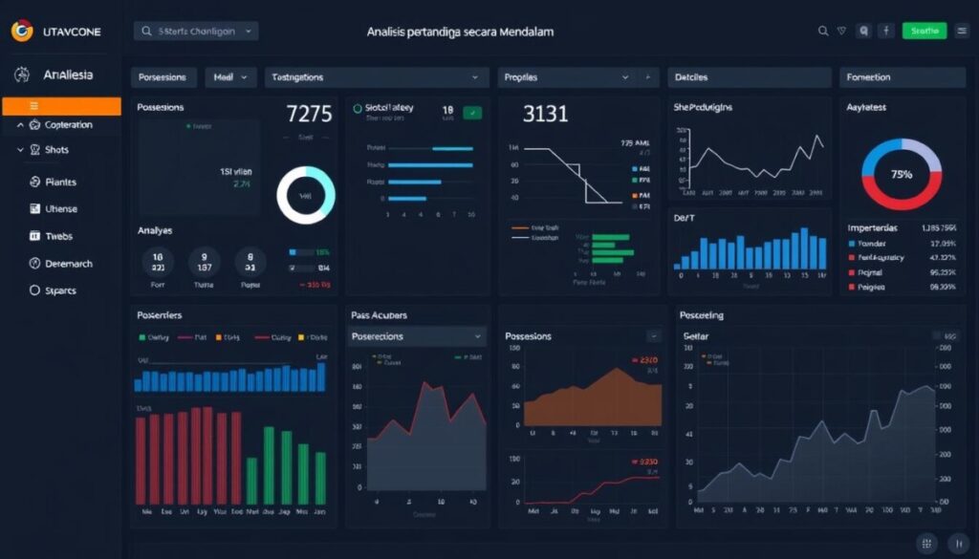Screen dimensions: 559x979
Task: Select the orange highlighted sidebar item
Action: point(61,106)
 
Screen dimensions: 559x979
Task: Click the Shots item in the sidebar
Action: point(56,150)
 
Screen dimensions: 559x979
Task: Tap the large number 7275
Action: point(310,115)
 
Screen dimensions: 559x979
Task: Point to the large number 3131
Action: point(545,115)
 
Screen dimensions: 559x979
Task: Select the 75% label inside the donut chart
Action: point(901,175)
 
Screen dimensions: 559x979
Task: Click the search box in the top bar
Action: point(196,32)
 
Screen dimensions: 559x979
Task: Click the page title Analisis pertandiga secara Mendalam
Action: point(460,32)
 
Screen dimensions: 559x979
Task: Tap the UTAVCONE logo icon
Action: point(21,32)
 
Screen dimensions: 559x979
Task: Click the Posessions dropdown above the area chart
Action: point(417,336)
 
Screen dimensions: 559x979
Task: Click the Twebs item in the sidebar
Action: point(58,236)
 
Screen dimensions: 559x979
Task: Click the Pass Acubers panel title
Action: point(379,314)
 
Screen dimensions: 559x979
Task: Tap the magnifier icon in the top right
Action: point(822,32)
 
